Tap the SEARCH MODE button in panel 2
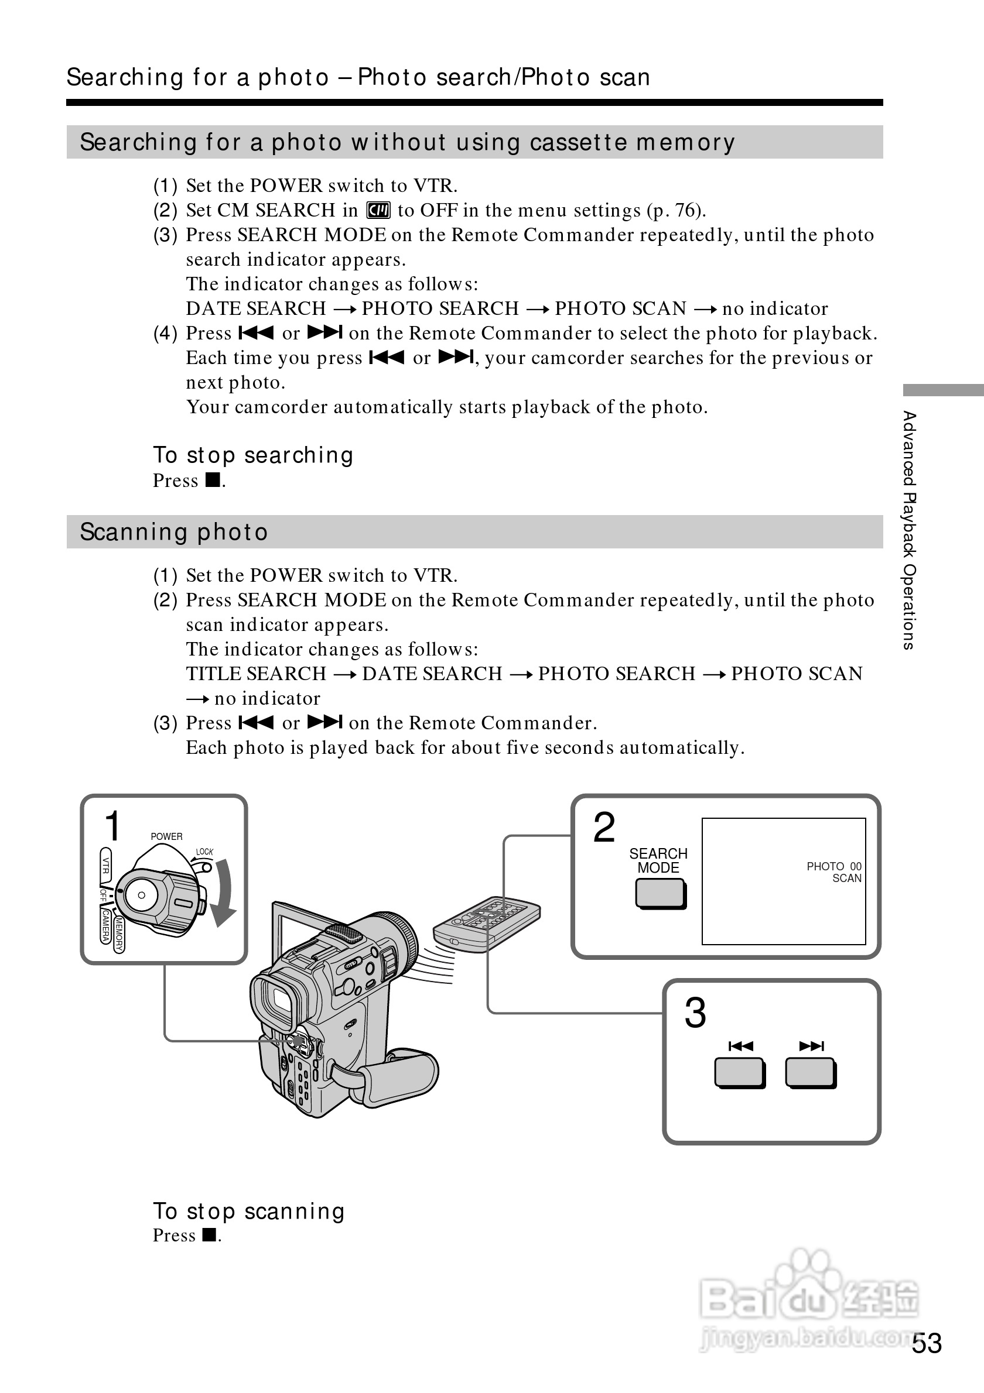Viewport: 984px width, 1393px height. tap(661, 894)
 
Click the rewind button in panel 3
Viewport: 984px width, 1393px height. tap(739, 1073)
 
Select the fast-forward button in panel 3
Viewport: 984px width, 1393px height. tap(811, 1073)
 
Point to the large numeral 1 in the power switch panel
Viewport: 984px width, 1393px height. tap(113, 826)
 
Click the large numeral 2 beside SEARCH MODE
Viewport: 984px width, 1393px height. tap(603, 827)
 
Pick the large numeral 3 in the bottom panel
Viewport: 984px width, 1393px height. tap(695, 1013)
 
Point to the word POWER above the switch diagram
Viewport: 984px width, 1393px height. tap(166, 836)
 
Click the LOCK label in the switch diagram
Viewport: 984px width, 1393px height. tap(204, 852)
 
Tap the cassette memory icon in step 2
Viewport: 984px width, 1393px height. tap(378, 211)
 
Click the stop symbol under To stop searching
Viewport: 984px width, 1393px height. tap(213, 481)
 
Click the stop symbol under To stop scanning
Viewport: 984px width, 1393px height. tap(210, 1235)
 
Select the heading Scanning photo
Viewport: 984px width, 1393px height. tap(173, 532)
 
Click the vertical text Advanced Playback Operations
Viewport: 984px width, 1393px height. tap(908, 530)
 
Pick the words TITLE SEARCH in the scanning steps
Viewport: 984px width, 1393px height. tap(256, 674)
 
